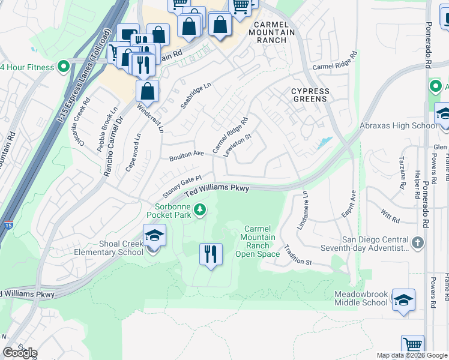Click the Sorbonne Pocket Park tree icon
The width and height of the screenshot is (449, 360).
coord(202,210)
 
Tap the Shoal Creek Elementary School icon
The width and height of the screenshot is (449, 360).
coord(154,236)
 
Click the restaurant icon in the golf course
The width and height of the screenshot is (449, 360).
coord(211,254)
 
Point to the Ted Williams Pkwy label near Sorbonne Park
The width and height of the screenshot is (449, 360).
coord(217,190)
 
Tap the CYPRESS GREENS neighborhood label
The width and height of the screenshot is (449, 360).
coord(310,95)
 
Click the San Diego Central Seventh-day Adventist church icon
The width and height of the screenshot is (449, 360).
coord(418,242)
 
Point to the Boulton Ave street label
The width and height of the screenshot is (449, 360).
coord(187,155)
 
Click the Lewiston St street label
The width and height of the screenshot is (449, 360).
coord(237,145)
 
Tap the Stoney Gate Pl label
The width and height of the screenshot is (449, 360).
coord(181,187)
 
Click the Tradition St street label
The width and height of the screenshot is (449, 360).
coord(298,255)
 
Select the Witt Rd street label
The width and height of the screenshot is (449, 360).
coord(390,216)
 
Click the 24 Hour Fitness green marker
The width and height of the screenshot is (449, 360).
coord(64,67)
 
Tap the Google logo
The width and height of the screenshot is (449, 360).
coord(20,353)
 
